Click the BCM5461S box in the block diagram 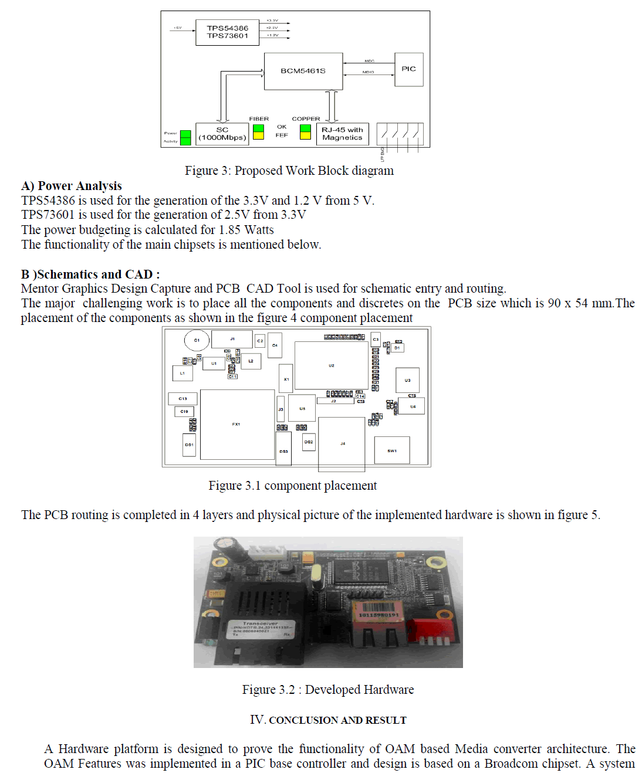(x=303, y=71)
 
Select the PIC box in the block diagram (x=408, y=69)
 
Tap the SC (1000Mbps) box (x=222, y=134)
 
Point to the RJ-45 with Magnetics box (x=342, y=134)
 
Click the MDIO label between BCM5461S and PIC (x=368, y=72)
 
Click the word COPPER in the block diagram (x=306, y=118)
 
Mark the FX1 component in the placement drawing (x=236, y=424)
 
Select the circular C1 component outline (x=197, y=340)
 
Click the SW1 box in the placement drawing (x=391, y=450)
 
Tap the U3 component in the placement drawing (x=407, y=380)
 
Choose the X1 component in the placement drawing (x=286, y=379)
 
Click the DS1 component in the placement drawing (x=189, y=445)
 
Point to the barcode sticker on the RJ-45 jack (x=379, y=611)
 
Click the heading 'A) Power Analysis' (x=72, y=186)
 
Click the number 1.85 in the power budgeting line (x=229, y=230)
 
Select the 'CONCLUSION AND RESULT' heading (x=337, y=720)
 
